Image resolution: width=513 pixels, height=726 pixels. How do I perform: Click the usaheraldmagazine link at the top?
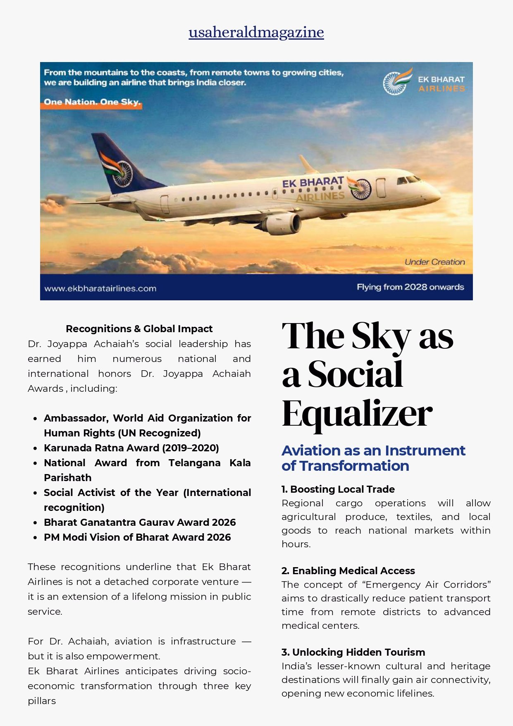[x=256, y=32]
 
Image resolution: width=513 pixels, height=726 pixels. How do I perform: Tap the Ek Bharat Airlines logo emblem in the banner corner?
[x=397, y=82]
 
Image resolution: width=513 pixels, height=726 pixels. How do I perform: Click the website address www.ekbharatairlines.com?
[x=100, y=288]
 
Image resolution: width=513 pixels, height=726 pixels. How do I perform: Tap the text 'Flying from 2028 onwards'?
[x=410, y=287]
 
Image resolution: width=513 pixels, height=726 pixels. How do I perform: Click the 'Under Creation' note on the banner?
[x=434, y=262]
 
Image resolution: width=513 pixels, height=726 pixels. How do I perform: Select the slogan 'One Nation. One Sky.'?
[x=92, y=102]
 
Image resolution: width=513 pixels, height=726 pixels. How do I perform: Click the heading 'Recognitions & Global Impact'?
[x=139, y=329]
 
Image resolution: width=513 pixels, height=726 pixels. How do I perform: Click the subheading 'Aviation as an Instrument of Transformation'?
[x=373, y=458]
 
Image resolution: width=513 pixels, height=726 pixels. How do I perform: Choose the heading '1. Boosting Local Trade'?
[x=338, y=489]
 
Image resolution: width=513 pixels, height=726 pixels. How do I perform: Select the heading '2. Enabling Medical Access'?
[x=348, y=571]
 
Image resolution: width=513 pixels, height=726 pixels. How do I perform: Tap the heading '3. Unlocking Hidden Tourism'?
[x=353, y=652]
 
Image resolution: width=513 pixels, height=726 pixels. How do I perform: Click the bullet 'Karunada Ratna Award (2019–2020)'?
[x=131, y=448]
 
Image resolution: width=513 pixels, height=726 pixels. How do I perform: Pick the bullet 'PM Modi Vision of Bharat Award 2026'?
[x=137, y=537]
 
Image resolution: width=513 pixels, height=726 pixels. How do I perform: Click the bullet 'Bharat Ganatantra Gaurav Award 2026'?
[x=140, y=522]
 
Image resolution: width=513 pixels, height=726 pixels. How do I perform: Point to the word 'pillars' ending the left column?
[x=42, y=701]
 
